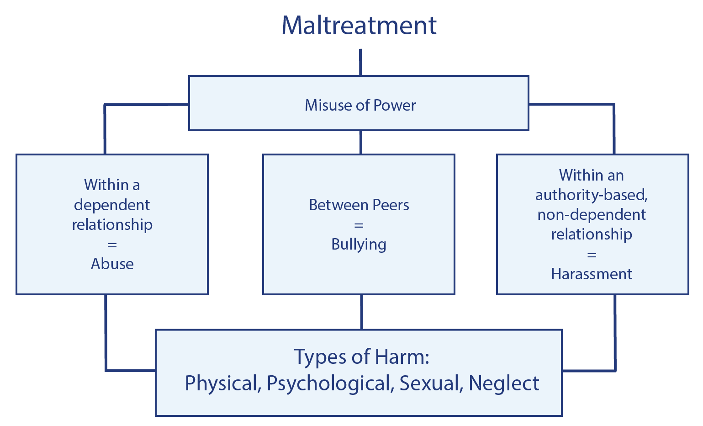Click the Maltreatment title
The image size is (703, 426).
pos(359,25)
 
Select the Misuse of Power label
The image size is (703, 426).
pos(360,105)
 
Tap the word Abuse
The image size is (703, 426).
pos(112,264)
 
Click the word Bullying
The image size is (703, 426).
pos(359,245)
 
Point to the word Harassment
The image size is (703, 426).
pos(592,274)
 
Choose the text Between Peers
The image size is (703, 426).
pos(359,205)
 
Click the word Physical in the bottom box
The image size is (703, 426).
pos(222,383)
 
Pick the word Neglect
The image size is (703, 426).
pos(504,383)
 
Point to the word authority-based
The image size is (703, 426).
pos(592,195)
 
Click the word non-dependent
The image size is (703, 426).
pos(592,215)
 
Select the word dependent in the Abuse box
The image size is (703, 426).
pos(112,205)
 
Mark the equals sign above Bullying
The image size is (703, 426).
pos(359,225)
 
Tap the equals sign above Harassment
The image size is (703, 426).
pos(592,255)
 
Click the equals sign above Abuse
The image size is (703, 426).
pos(112,245)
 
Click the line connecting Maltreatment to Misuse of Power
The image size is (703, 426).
pos(360,62)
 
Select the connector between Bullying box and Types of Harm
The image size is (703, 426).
pos(361,312)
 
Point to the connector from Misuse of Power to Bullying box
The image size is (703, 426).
pos(360,142)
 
